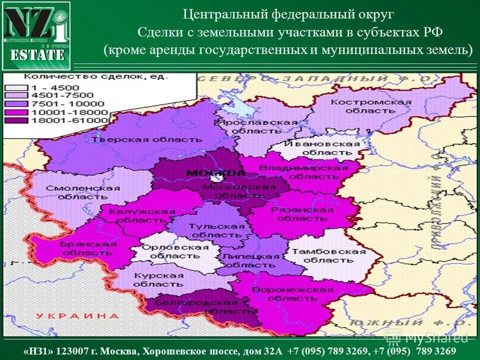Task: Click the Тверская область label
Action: [147, 139]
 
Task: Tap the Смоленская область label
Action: [83, 192]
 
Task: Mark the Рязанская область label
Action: [302, 214]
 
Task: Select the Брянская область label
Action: [88, 248]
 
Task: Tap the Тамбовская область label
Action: [329, 255]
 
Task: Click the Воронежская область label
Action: [292, 294]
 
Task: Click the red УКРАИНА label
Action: [77, 316]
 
